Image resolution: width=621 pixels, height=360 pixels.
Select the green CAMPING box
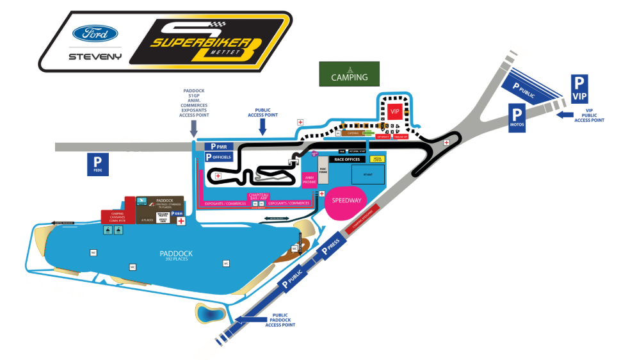pos(349,74)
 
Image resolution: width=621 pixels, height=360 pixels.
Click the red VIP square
pos(395,111)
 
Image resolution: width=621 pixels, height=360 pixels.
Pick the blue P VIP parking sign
pos(579,88)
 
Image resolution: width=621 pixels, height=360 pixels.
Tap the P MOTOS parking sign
pos(517,118)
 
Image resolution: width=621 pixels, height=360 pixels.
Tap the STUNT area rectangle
pos(367,174)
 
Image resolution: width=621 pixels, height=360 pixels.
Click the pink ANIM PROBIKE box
pos(310,179)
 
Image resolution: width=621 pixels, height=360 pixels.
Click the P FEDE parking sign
pos(98,165)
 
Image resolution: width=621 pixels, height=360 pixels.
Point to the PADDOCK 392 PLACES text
pos(176,256)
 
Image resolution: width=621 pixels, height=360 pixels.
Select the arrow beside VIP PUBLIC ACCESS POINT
pos(564,115)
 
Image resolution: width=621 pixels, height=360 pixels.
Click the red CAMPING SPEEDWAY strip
pos(363,219)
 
